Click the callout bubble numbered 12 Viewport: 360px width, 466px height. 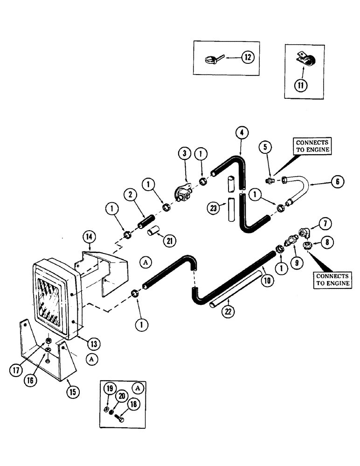point(247,57)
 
